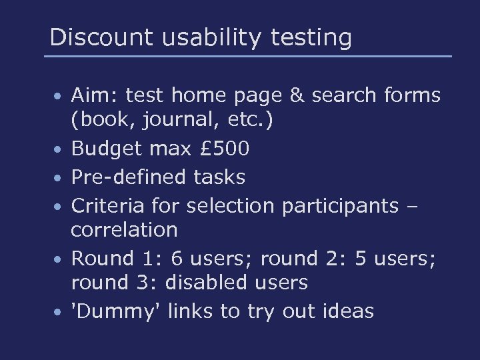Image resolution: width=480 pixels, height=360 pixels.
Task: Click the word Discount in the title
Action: pos(91,37)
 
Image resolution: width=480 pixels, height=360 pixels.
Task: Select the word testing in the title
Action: pos(311,39)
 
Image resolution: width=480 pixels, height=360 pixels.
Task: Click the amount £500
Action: pos(225,149)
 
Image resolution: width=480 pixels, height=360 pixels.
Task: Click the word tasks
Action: pos(219,177)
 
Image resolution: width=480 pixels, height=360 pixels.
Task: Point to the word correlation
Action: pos(125,230)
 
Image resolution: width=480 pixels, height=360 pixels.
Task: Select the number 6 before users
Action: pos(175,257)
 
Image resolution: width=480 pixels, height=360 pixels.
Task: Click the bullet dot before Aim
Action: pos(59,96)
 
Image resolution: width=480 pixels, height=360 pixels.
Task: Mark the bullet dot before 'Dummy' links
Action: pos(59,311)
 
